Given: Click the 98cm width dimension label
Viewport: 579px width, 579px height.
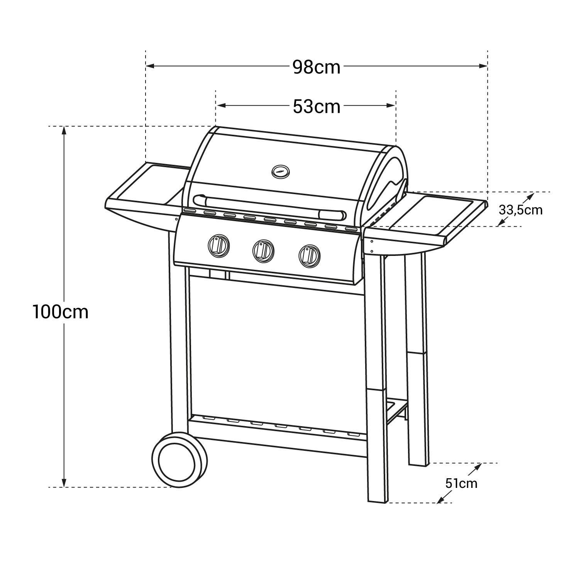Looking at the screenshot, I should (x=316, y=67).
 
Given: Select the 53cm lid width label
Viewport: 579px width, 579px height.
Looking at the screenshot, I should (x=316, y=107).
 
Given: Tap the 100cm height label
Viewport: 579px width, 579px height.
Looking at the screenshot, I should (x=61, y=312).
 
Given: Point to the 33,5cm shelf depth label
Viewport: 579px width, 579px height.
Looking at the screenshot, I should (x=520, y=210).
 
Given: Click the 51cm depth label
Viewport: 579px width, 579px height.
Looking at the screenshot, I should (x=461, y=483).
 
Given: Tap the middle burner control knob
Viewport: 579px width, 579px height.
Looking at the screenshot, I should (x=264, y=250).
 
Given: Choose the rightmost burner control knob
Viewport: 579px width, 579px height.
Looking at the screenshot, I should (x=309, y=255).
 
